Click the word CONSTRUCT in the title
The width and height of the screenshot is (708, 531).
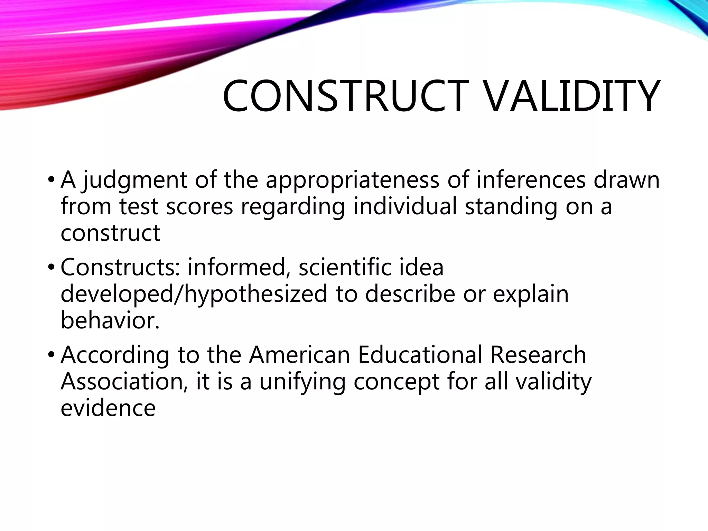click(x=344, y=96)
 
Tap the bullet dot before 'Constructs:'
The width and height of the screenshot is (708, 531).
click(x=51, y=268)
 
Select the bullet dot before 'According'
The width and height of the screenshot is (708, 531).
click(x=51, y=355)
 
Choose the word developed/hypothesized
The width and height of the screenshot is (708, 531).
click(x=194, y=294)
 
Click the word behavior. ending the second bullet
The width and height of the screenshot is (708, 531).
click(x=110, y=320)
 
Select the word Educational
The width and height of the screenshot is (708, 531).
click(x=420, y=355)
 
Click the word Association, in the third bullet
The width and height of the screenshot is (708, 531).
click(x=124, y=382)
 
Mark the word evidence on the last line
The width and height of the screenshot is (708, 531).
click(x=108, y=408)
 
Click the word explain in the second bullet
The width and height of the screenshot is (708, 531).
click(x=531, y=294)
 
